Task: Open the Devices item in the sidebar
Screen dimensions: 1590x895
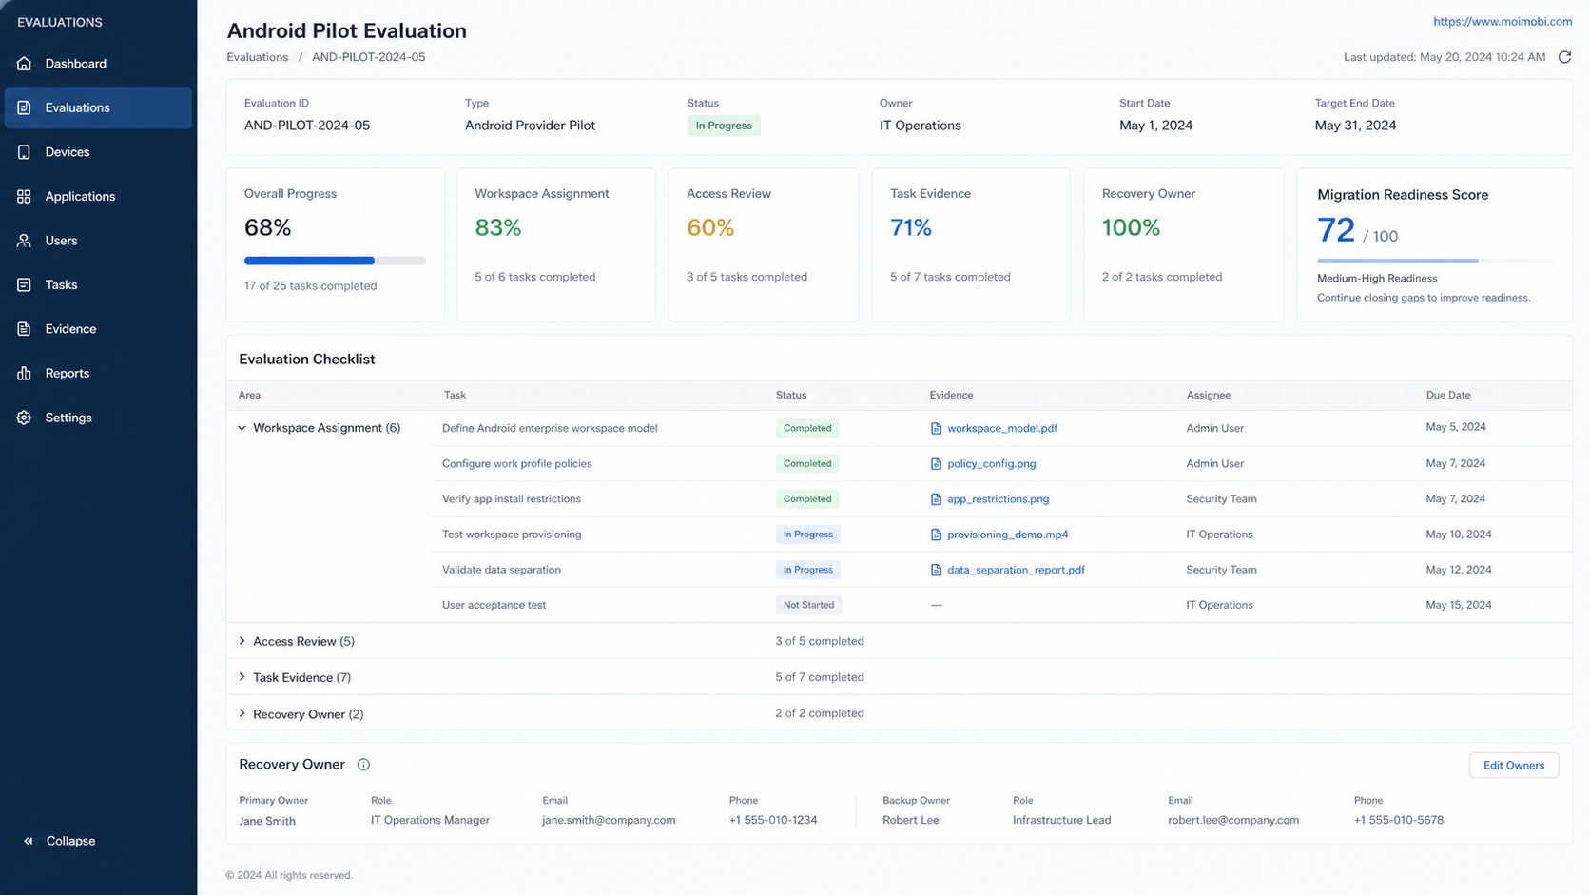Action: (67, 152)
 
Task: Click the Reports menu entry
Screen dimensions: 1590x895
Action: (67, 374)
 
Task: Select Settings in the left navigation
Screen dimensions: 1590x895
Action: (68, 418)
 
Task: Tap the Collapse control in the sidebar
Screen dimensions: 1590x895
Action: (70, 841)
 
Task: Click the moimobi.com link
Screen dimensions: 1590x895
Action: (1502, 21)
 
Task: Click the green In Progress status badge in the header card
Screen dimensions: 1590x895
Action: (724, 126)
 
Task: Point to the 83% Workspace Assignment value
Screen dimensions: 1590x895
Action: (497, 227)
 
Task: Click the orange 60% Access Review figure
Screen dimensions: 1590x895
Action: (709, 227)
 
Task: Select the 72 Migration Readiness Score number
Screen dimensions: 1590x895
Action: (1335, 230)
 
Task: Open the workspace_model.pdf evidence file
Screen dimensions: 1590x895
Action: (1001, 428)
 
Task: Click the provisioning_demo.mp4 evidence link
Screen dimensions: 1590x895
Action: (1007, 535)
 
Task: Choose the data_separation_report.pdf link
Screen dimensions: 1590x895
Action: (1016, 570)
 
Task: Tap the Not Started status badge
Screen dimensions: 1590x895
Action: (808, 605)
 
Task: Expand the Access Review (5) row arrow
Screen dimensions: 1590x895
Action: (242, 641)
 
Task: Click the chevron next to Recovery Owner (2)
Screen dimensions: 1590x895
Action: (242, 713)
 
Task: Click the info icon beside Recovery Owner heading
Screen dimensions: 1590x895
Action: (363, 765)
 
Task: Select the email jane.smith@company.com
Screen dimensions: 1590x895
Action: (609, 820)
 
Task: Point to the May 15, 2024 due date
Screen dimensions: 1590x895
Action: (1458, 605)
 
